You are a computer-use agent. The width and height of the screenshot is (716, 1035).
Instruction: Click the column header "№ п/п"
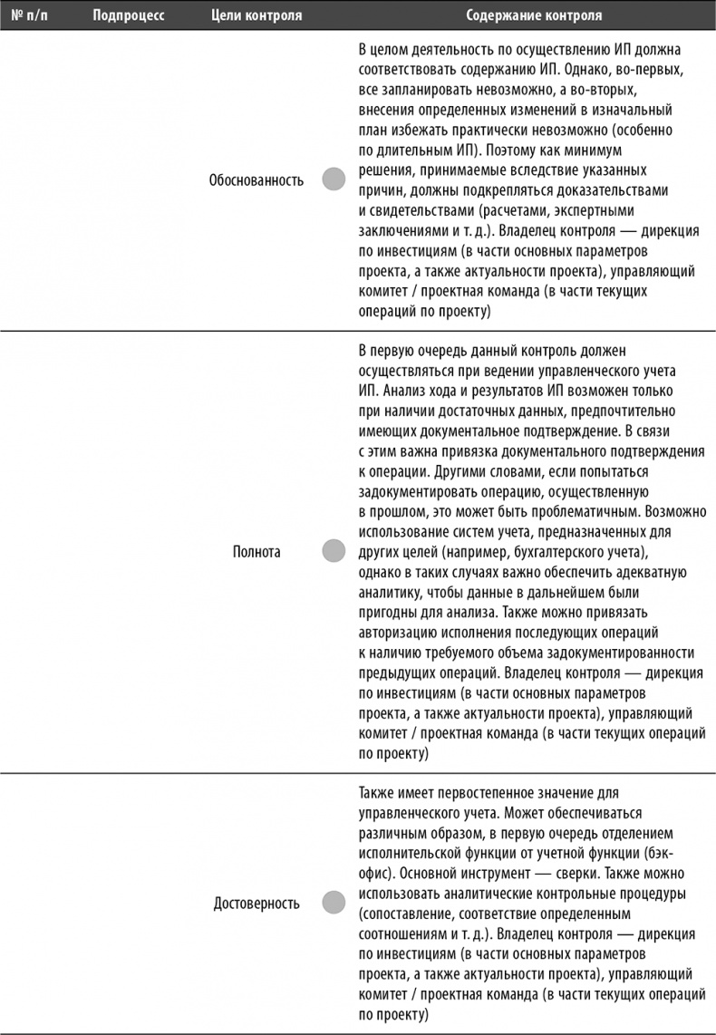click(28, 16)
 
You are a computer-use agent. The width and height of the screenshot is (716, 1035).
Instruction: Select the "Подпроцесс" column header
click(128, 16)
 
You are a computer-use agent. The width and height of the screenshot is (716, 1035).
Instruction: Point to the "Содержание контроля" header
click(534, 16)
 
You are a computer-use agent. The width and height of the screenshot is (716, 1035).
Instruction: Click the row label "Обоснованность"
click(256, 179)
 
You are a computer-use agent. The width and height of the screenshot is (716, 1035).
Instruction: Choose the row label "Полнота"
click(256, 550)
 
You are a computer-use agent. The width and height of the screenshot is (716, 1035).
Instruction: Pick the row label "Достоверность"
click(256, 904)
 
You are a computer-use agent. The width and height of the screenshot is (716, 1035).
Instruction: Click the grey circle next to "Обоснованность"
click(334, 179)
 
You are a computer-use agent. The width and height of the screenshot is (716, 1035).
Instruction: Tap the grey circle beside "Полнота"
click(334, 550)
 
